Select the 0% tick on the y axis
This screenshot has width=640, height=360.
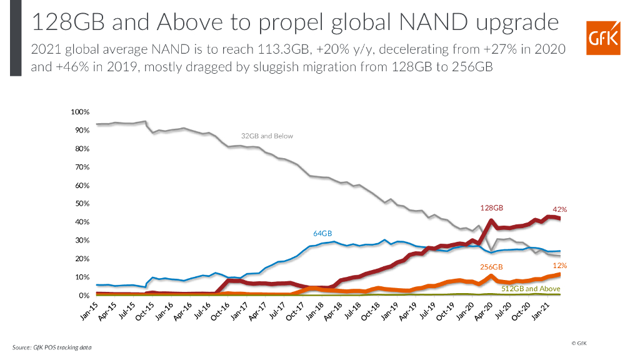pyautogui.click(x=84, y=296)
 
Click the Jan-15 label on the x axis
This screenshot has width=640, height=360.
pyautogui.click(x=89, y=311)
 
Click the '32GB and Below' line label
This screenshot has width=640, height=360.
pyautogui.click(x=267, y=136)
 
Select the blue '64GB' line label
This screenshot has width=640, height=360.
pyautogui.click(x=323, y=233)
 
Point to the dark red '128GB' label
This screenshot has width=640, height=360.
pyautogui.click(x=492, y=206)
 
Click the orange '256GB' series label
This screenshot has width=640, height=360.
pyautogui.click(x=491, y=266)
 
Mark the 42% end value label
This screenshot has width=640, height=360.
pyautogui.click(x=560, y=209)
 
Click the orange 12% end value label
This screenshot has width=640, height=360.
pyautogui.click(x=560, y=266)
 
